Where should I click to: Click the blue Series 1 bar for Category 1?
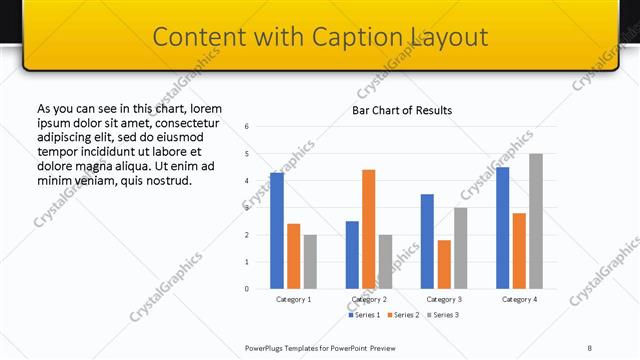277,231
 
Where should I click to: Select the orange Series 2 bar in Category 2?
368,229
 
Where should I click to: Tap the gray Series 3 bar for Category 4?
535,221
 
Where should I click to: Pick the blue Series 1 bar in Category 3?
427,241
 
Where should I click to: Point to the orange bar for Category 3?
444,264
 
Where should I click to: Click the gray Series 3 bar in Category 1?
310,262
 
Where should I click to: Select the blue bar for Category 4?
502,228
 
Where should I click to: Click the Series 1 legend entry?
363,315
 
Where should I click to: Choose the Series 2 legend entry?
402,315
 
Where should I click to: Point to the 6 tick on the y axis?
247,127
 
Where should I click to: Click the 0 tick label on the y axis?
247,289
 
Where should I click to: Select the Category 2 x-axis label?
368,299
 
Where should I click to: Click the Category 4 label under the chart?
519,299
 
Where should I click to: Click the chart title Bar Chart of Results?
402,110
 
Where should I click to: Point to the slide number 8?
590,347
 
